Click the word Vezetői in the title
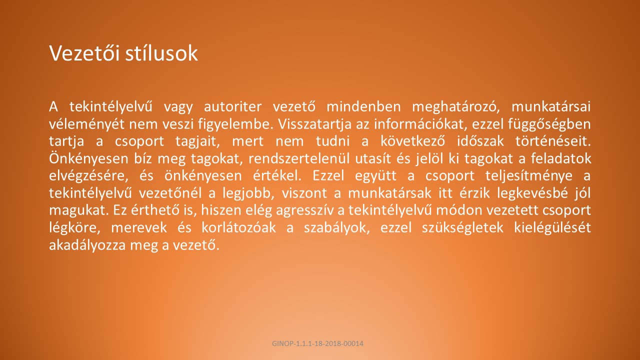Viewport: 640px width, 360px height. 84,53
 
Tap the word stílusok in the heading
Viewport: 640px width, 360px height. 161,53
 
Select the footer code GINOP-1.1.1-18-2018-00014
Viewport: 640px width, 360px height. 317,343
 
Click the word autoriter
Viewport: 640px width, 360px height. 232,107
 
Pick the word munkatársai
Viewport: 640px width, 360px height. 551,107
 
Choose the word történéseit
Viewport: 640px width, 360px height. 553,141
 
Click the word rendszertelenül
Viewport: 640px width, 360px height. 299,159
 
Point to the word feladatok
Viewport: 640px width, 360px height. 561,159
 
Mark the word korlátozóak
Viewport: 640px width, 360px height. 238,228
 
